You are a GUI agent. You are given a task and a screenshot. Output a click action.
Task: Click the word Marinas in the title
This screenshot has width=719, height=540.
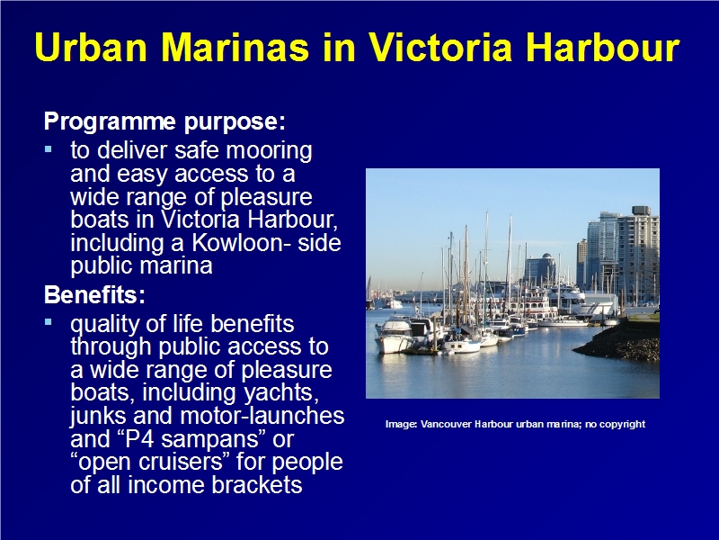coord(235,47)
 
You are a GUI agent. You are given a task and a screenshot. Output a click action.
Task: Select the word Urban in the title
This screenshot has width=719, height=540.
coord(91,47)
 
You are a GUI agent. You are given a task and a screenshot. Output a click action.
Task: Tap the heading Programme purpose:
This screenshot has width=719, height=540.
coord(164,122)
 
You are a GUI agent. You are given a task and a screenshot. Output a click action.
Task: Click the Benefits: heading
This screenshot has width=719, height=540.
coord(94,295)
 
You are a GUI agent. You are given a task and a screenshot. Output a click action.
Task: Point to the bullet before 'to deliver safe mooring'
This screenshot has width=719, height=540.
coord(49,148)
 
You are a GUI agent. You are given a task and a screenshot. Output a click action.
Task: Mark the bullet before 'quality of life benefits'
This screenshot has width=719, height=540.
coord(49,322)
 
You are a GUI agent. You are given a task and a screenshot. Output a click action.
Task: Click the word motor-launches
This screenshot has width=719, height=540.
coord(262,416)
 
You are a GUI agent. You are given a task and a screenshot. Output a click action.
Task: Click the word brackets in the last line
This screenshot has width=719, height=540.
coord(257,484)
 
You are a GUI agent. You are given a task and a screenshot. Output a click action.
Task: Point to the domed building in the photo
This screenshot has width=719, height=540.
coord(541,270)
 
